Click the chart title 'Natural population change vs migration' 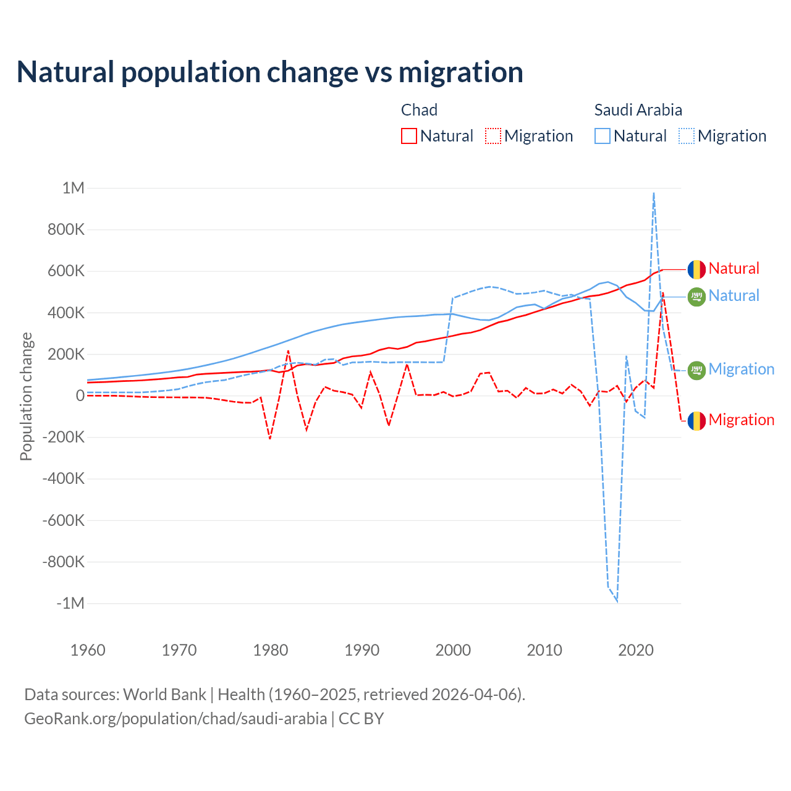tap(270, 72)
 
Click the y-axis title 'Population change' tap(26, 396)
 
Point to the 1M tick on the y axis tap(73, 188)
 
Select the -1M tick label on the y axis tap(70, 603)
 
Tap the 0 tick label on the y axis tap(80, 395)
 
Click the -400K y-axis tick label tap(63, 478)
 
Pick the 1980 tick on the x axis tap(271, 650)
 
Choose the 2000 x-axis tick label tap(453, 650)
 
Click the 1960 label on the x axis tap(88, 650)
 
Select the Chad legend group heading tap(419, 110)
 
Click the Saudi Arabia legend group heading tap(638, 110)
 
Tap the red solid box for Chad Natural tap(408, 136)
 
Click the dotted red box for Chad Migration tap(493, 136)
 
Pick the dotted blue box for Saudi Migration tap(687, 136)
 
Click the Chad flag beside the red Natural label tap(696, 269)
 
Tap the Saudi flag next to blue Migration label tap(696, 370)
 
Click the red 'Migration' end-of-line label tap(741, 420)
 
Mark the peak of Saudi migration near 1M tap(653, 193)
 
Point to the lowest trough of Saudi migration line tap(617, 600)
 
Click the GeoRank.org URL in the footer tap(176, 719)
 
